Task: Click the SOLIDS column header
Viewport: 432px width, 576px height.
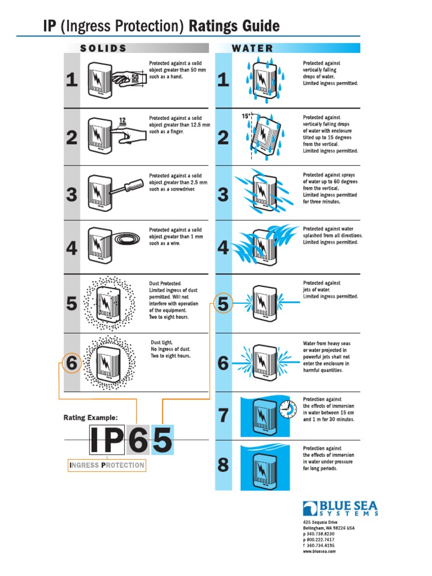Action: pos(103,48)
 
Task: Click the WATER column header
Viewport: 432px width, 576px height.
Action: pos(253,48)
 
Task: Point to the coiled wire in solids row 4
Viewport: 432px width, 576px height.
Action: pos(127,239)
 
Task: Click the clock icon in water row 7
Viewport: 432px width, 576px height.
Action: pos(288,409)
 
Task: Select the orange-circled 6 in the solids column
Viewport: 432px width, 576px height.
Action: pos(71,363)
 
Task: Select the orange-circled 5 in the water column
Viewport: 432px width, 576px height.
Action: pos(223,303)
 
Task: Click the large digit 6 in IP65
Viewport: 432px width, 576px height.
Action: pos(138,440)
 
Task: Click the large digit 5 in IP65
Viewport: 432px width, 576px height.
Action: pos(162,440)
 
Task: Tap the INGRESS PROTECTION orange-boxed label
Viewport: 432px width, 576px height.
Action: pos(107,465)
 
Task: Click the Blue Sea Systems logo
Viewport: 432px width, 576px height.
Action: pos(340,508)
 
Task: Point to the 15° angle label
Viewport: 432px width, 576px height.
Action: pos(246,116)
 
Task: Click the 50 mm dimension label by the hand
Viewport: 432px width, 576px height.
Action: pos(135,78)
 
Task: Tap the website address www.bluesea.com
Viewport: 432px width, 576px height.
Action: pos(319,551)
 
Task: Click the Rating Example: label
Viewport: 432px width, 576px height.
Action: pos(91,417)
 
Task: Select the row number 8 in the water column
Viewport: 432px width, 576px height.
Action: pos(223,465)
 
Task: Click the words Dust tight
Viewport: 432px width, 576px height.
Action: pos(161,343)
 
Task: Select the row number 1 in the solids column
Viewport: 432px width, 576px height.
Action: pos(71,79)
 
